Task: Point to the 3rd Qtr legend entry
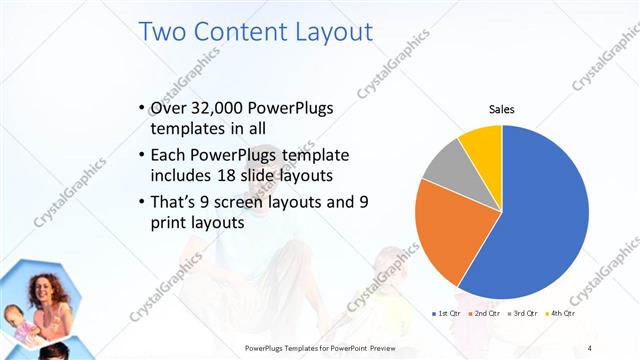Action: [523, 314]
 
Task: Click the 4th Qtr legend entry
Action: [563, 314]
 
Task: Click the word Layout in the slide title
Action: [322, 31]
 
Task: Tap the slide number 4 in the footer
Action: [589, 347]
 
